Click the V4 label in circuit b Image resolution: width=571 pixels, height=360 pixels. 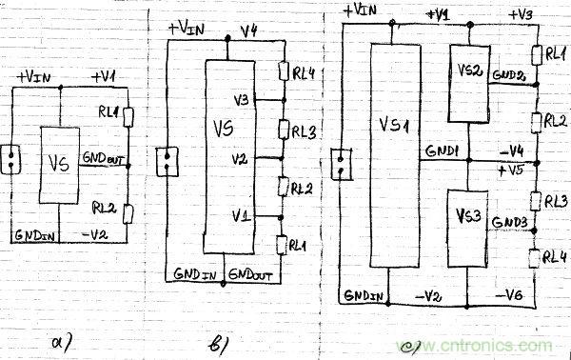coord(250,32)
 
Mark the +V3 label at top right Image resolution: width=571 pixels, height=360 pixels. coord(522,15)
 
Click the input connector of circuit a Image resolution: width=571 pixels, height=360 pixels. coord(14,159)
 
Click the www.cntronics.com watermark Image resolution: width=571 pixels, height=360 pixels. coord(482,346)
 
